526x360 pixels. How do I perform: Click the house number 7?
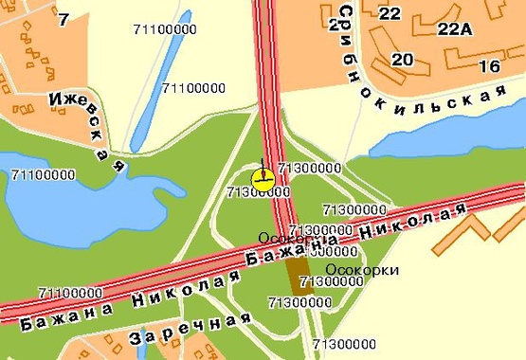point(63,19)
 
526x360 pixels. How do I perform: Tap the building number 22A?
point(454,28)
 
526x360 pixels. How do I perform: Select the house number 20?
point(403,60)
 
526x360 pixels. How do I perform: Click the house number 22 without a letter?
point(390,12)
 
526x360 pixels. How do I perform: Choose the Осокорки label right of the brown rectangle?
point(369,270)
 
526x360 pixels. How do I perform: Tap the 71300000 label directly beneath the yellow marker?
point(259,192)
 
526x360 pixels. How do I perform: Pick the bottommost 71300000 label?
point(344,343)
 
